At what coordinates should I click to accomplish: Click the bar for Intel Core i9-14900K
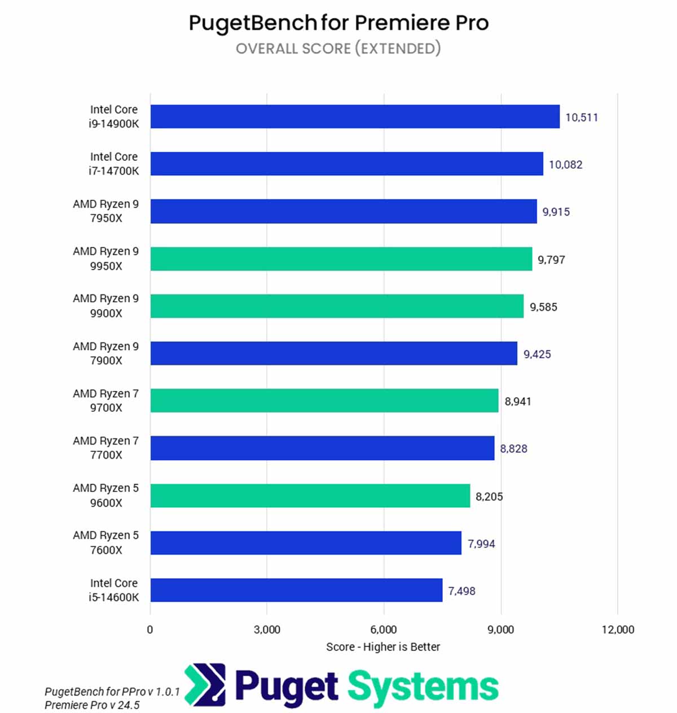point(355,117)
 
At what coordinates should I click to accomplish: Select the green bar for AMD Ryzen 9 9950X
point(341,259)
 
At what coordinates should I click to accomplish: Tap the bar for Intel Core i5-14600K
point(296,590)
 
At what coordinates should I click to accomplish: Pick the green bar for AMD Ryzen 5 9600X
point(310,496)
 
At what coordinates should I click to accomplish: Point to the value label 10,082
point(565,165)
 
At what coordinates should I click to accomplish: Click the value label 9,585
point(543,307)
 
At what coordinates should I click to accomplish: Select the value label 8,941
point(518,402)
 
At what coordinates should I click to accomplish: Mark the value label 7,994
point(481,544)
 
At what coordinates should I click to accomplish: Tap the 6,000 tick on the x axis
point(384,630)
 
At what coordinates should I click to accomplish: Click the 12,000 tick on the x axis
point(618,630)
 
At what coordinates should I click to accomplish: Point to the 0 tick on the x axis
point(150,630)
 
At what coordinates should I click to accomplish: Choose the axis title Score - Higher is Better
point(383,647)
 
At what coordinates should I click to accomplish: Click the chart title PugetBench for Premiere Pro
point(338,23)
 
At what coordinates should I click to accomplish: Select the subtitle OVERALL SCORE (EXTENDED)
point(338,49)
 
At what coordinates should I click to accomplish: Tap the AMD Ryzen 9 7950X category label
point(105,211)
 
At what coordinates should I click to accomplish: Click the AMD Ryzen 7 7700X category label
point(105,448)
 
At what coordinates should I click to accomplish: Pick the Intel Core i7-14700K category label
point(113,164)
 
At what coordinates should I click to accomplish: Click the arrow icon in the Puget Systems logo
point(205,685)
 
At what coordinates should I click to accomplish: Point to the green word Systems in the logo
point(423,687)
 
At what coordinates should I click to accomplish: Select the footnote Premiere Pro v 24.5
point(92,705)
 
